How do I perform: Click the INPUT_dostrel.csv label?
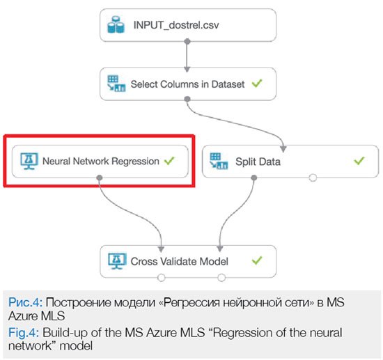[176, 25]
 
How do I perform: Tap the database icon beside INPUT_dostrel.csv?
[116, 24]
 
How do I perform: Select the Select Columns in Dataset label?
[187, 84]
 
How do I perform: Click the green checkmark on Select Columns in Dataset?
[257, 84]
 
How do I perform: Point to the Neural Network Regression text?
[101, 161]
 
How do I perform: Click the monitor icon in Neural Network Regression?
[29, 161]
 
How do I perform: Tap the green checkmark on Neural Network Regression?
[169, 160]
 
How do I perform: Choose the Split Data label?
[258, 162]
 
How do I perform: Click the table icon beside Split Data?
[219, 161]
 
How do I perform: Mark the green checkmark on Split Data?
[359, 160]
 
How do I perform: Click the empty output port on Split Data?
[313, 178]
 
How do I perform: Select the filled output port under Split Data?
[254, 178]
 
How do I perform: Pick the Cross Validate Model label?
[179, 261]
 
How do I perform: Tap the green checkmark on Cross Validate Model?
[257, 260]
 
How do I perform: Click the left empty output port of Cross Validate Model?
[162, 278]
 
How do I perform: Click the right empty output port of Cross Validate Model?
[221, 278]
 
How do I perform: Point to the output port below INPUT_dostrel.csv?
[187, 41]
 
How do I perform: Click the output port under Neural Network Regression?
[100, 178]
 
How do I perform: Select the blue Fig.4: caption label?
[24, 333]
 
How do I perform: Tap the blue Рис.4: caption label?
[25, 302]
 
